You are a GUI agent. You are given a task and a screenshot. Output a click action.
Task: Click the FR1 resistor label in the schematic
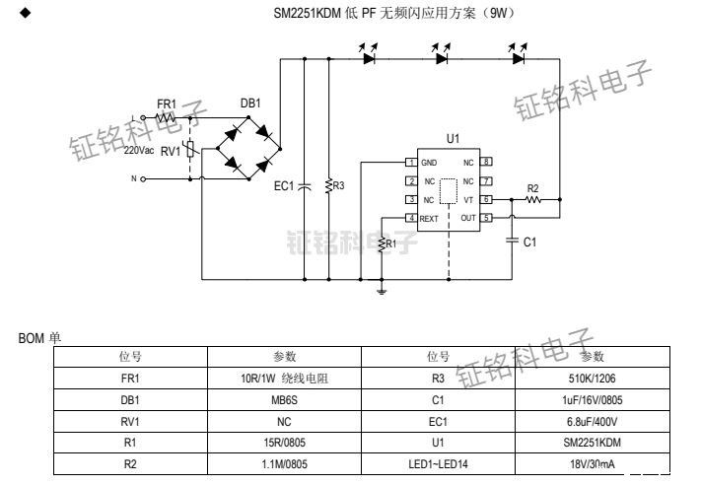coord(167,104)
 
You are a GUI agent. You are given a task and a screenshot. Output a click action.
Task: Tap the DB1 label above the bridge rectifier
coord(250,104)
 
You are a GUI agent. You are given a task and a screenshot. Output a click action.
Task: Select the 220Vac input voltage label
coord(139,151)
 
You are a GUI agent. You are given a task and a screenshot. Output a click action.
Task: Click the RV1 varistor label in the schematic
coord(171,151)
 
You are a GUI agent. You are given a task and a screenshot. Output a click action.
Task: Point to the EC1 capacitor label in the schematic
coord(284,185)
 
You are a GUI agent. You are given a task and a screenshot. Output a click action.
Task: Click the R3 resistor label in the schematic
coord(339,185)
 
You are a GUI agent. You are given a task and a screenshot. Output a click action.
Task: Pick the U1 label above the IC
coord(453,140)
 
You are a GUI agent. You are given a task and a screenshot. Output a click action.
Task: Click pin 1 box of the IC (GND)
coord(410,162)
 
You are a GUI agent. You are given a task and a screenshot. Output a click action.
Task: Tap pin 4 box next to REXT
coord(410,218)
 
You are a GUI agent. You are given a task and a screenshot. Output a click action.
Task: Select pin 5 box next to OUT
coord(486,218)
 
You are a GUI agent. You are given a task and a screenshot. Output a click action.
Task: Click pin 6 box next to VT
coord(486,199)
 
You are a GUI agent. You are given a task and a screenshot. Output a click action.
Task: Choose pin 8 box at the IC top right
coord(486,162)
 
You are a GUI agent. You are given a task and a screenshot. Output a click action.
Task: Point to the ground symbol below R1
coord(383,290)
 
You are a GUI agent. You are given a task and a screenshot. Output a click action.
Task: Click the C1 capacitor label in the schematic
coord(529,242)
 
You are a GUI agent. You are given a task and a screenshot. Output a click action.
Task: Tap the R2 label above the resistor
coord(533,187)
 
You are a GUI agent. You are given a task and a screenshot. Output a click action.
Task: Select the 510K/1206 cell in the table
coord(593,378)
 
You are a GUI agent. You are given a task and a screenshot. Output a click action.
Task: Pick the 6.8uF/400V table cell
coord(593,422)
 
